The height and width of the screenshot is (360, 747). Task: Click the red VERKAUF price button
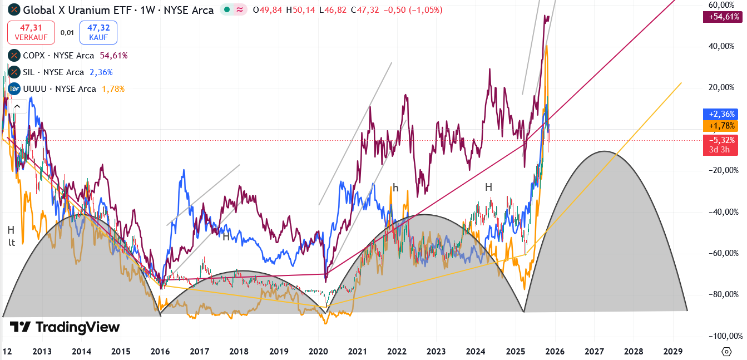click(x=31, y=32)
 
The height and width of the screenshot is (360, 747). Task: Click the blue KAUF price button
click(x=98, y=32)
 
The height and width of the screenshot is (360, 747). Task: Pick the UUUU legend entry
click(x=58, y=89)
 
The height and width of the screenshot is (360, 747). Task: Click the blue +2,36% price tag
click(x=723, y=114)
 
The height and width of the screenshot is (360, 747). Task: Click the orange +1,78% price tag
click(x=723, y=126)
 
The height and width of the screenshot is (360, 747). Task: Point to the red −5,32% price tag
click(x=723, y=140)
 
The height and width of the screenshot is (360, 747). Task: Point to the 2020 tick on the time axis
click(x=318, y=352)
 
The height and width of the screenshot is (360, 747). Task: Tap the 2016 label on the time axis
click(x=160, y=352)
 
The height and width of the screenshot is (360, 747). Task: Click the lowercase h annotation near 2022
click(x=395, y=188)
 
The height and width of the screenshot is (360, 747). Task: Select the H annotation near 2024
click(x=488, y=188)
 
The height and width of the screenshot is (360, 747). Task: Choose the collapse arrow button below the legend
click(x=17, y=106)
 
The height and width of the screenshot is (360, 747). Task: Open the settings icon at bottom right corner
click(x=726, y=352)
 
